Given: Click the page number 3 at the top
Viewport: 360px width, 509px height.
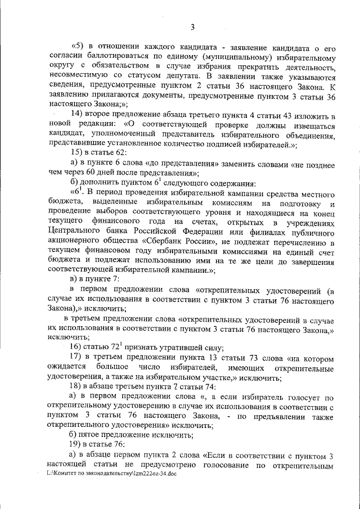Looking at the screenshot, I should pos(192,26).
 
